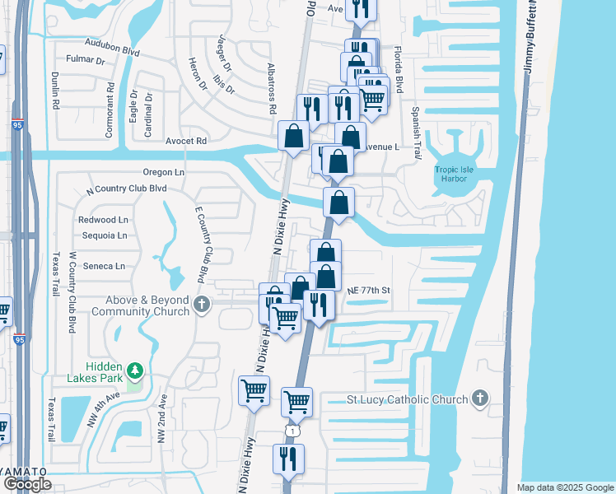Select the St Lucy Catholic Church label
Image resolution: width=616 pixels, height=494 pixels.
[x=408, y=400]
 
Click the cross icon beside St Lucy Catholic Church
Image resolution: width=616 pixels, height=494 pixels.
[x=480, y=399]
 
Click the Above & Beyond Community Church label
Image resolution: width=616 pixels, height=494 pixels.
[x=140, y=305]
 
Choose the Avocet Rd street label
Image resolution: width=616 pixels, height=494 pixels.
[x=185, y=141]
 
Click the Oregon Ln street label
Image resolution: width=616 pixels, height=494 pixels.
[x=164, y=172]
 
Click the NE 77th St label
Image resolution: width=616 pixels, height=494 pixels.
[x=367, y=291]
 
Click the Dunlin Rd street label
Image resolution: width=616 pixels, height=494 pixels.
[x=56, y=91]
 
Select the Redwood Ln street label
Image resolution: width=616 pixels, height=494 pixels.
[x=103, y=220]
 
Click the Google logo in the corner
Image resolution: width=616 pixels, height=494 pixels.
[x=26, y=484]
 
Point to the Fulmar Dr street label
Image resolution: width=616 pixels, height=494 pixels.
[x=88, y=60]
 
